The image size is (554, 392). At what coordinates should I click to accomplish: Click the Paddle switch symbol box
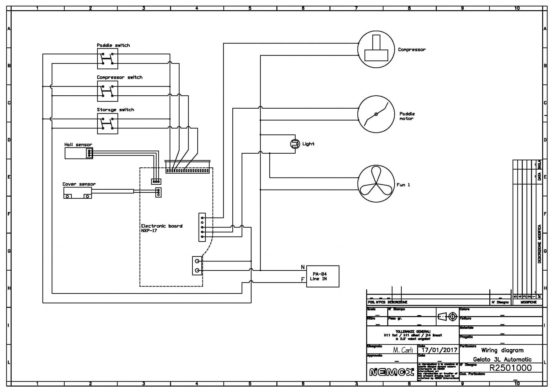107,59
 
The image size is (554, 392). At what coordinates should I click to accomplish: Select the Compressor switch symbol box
107,91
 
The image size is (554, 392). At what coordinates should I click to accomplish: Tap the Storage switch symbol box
107,124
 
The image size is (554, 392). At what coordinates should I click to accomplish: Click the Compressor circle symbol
376,49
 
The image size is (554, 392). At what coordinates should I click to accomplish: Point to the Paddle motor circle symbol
376,114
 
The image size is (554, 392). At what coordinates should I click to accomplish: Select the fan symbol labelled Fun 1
376,184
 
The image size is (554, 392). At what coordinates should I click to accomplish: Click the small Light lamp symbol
295,144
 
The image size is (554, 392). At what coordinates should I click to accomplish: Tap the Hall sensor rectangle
78,153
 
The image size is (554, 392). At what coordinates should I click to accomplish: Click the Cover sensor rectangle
77,193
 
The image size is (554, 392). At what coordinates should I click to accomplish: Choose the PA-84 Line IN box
322,276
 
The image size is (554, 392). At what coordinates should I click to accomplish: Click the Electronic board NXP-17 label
161,228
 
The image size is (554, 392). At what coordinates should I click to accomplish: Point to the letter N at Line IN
303,267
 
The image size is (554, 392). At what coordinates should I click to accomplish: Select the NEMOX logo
391,372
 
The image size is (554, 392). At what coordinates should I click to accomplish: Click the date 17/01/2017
439,350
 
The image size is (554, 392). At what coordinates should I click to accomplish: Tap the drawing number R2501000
510,368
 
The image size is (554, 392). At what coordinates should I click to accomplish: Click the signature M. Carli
403,350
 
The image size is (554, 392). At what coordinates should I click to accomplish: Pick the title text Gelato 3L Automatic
502,359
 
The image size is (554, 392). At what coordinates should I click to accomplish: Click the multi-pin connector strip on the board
187,171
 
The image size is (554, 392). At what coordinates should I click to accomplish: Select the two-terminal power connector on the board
197,266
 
